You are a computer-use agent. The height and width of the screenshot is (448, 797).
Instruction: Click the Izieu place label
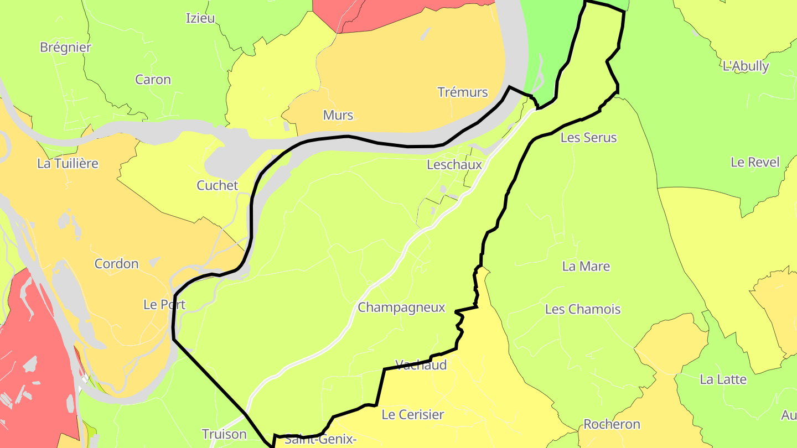200,18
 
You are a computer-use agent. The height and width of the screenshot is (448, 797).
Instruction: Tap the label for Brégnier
65,48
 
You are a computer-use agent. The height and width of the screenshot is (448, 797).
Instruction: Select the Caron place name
153,80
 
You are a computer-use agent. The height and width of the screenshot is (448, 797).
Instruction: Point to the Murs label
338,116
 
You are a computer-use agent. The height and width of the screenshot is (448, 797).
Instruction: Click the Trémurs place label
463,92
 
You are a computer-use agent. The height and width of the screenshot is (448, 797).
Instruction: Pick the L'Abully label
746,66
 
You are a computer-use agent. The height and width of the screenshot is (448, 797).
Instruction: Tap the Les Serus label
588,138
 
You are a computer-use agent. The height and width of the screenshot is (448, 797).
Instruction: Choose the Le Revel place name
755,163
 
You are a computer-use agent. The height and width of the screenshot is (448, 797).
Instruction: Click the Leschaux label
454,165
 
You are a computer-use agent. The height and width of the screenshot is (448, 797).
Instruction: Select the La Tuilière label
68,164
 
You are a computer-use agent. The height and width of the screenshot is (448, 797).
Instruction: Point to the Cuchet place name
218,186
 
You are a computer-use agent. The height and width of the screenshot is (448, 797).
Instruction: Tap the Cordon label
116,264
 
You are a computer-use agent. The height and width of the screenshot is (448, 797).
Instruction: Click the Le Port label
164,305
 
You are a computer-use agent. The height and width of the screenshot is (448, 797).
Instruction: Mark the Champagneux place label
401,308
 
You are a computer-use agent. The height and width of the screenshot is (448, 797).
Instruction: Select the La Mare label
586,267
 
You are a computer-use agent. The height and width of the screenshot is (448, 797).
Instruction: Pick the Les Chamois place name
583,310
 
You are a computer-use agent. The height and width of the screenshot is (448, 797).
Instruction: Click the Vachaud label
421,365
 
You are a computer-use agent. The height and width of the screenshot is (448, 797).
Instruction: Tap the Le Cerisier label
413,415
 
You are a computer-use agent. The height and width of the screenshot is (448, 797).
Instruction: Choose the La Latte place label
723,380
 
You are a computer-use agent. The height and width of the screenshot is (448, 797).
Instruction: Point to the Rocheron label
612,425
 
